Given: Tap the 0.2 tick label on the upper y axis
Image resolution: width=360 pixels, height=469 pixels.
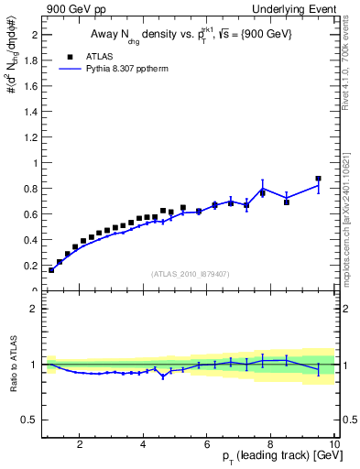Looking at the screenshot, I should click(x=31, y=266).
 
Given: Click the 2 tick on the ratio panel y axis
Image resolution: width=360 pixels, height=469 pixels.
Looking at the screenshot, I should click(x=34, y=309).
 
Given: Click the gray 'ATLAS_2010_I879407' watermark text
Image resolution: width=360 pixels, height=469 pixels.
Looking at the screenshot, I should click(x=190, y=273).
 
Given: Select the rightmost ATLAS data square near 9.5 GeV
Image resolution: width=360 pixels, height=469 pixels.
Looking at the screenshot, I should click(x=318, y=179).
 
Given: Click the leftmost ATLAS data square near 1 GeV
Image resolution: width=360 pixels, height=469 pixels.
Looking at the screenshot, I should click(x=51, y=270).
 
